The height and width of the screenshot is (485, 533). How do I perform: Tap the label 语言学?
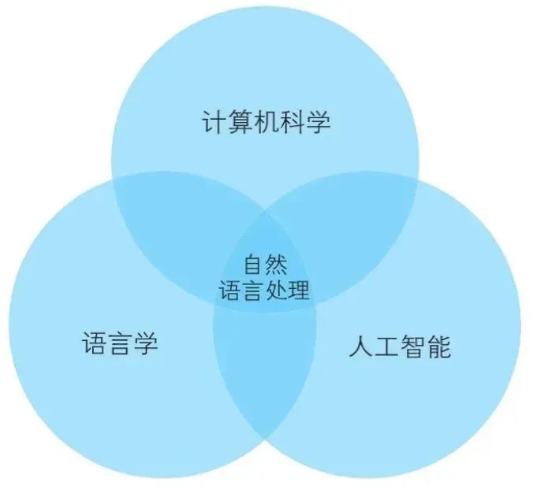click(x=120, y=344)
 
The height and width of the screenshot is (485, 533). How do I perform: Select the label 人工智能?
click(x=400, y=346)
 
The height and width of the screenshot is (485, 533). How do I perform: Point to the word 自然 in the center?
click(x=265, y=263)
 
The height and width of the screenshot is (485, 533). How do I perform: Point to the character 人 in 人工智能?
click(x=360, y=346)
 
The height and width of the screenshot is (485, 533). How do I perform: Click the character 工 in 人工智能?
click(x=386, y=346)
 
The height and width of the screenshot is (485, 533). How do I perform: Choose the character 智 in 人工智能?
click(x=412, y=346)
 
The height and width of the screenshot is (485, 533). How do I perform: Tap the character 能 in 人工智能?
click(x=439, y=346)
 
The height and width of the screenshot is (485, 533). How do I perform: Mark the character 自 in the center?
click(x=253, y=263)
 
